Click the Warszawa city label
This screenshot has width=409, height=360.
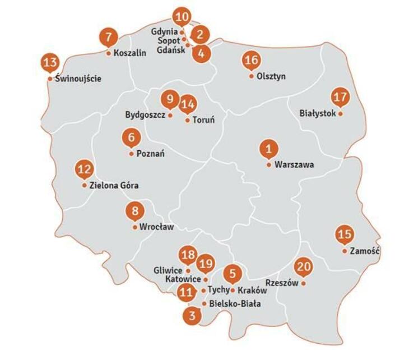click(294, 165)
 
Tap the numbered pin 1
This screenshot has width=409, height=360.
click(269, 149)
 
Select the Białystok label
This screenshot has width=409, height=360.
click(318, 113)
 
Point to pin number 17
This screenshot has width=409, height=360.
click(340, 97)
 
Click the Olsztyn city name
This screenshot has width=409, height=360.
click(271, 76)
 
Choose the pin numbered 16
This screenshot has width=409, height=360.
click(251, 61)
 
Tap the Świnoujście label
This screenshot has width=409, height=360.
click(78, 79)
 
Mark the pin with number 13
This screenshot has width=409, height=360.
click(50, 62)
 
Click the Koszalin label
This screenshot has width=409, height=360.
click(129, 53)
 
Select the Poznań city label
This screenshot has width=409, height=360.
click(150, 154)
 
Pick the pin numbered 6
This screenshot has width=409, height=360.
click(131, 137)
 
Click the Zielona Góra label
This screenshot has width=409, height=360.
click(114, 186)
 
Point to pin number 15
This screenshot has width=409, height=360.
click(345, 234)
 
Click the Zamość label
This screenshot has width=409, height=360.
click(365, 251)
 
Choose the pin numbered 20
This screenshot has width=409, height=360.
click(304, 267)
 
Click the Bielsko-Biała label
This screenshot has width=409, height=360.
click(235, 304)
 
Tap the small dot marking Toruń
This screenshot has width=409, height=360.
click(187, 119)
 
